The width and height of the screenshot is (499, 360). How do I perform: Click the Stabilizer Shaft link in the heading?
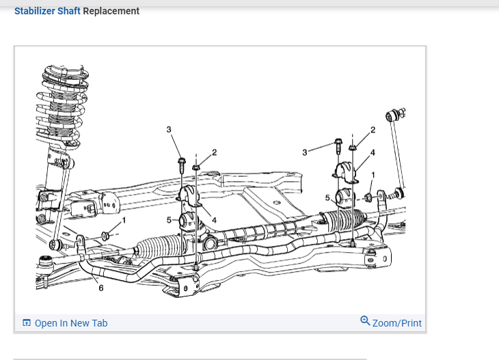click(47, 11)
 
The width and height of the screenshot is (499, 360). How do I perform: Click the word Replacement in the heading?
click(111, 11)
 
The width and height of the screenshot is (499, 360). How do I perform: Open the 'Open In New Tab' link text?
click(70, 323)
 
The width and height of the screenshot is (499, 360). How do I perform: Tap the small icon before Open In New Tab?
click(27, 323)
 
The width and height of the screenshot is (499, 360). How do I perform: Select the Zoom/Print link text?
click(396, 323)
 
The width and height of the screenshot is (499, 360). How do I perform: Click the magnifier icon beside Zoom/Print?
click(365, 321)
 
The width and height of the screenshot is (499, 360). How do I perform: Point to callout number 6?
click(101, 288)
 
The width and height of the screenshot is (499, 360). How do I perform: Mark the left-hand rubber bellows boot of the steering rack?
click(159, 247)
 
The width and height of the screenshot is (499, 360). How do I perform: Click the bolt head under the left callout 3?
click(182, 162)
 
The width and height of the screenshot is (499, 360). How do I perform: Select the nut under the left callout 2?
click(195, 165)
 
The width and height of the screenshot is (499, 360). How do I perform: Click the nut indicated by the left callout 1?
click(105, 236)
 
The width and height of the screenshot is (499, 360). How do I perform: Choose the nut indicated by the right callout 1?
click(368, 197)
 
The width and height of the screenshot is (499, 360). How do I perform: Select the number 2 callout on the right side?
click(373, 129)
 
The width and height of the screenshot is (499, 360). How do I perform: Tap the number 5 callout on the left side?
click(168, 219)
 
